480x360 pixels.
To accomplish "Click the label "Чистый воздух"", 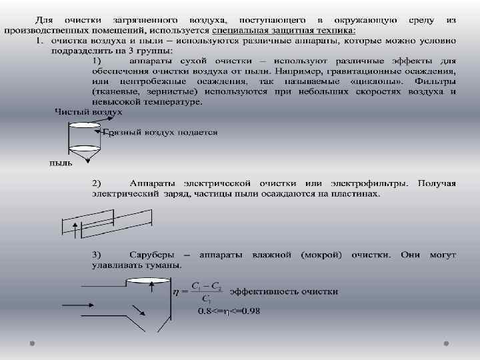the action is (88, 112).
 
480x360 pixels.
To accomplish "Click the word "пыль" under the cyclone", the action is (61, 163).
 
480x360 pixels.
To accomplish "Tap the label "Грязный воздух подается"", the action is (160, 132).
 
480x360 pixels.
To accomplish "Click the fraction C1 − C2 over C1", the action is (206, 291).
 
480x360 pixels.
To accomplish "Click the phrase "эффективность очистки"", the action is (284, 291).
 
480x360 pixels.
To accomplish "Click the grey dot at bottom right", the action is (445, 342).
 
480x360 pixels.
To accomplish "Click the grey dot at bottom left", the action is (33, 342).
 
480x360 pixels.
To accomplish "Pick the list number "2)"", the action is (96, 183).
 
